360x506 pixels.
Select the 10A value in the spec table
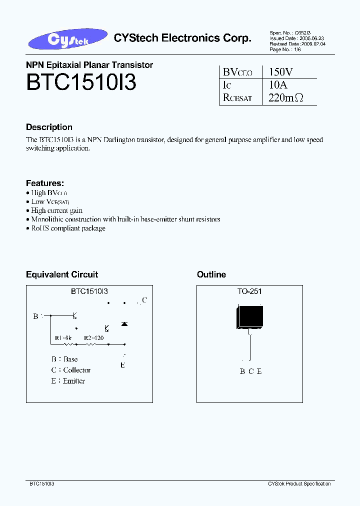tap(278, 85)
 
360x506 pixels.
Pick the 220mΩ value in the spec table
tap(285, 98)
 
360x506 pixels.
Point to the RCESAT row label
tap(237, 98)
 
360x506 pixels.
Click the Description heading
tap(49, 127)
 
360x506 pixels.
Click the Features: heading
tap(45, 183)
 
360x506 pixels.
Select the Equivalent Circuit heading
tap(62, 274)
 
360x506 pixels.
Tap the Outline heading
tap(211, 274)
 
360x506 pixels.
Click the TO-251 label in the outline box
tap(249, 291)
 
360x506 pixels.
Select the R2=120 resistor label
tap(93, 338)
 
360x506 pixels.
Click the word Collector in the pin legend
tap(77, 370)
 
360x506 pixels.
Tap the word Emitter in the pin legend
tap(74, 381)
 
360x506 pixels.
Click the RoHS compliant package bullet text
tap(68, 228)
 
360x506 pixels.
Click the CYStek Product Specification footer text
tap(299, 484)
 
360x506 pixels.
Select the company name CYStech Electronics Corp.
tap(182, 38)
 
